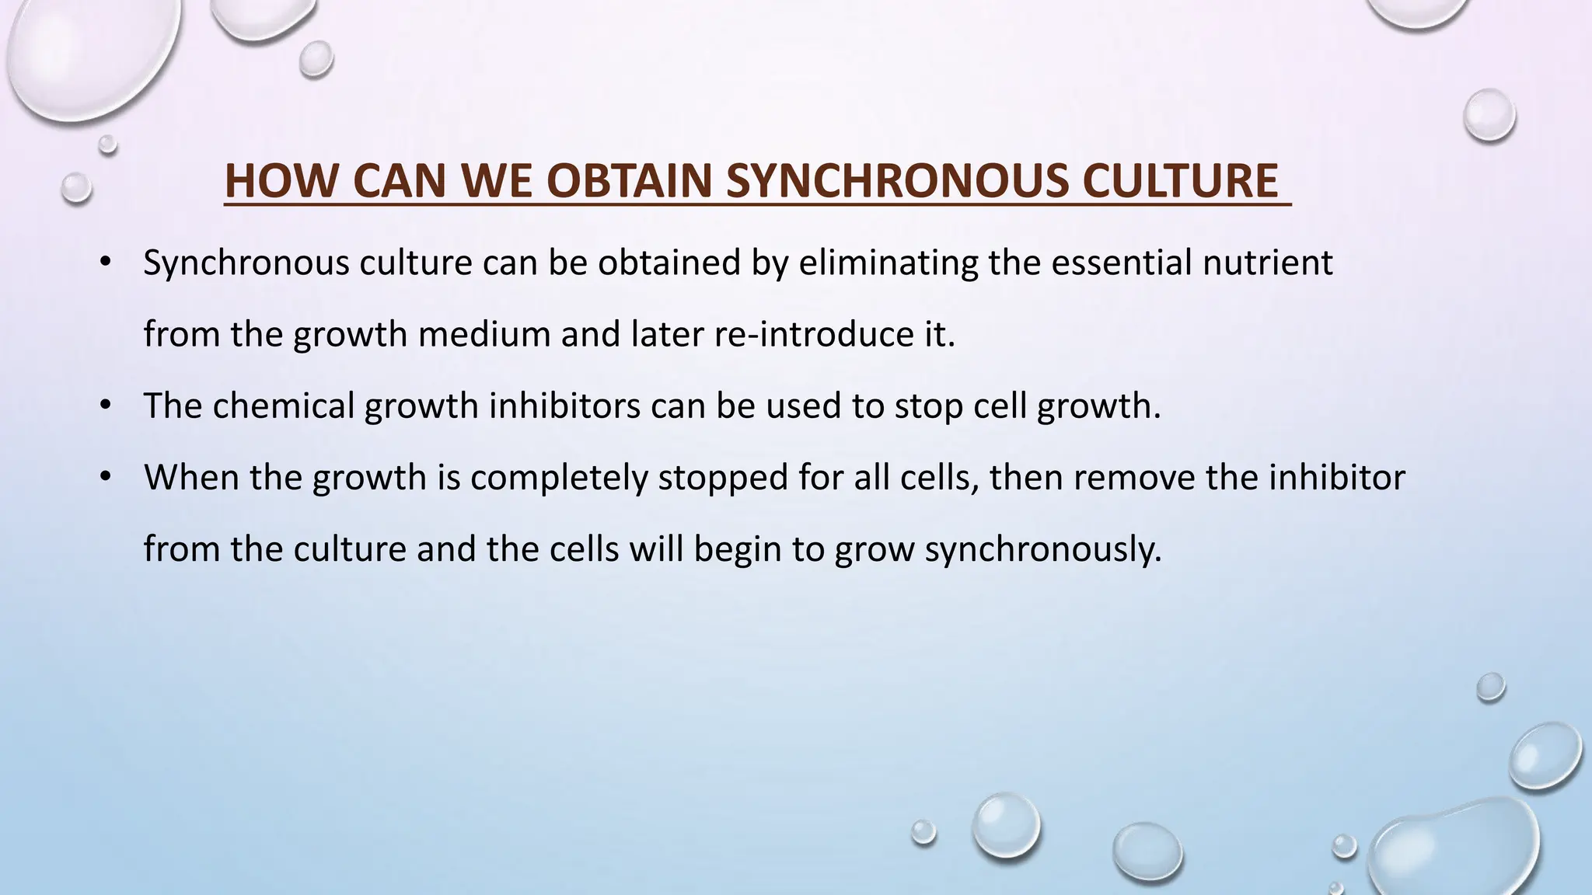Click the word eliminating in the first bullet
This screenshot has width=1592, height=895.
point(888,263)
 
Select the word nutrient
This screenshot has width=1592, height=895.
point(1268,263)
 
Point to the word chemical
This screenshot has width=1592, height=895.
point(283,406)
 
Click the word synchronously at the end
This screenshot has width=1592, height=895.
point(1042,548)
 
